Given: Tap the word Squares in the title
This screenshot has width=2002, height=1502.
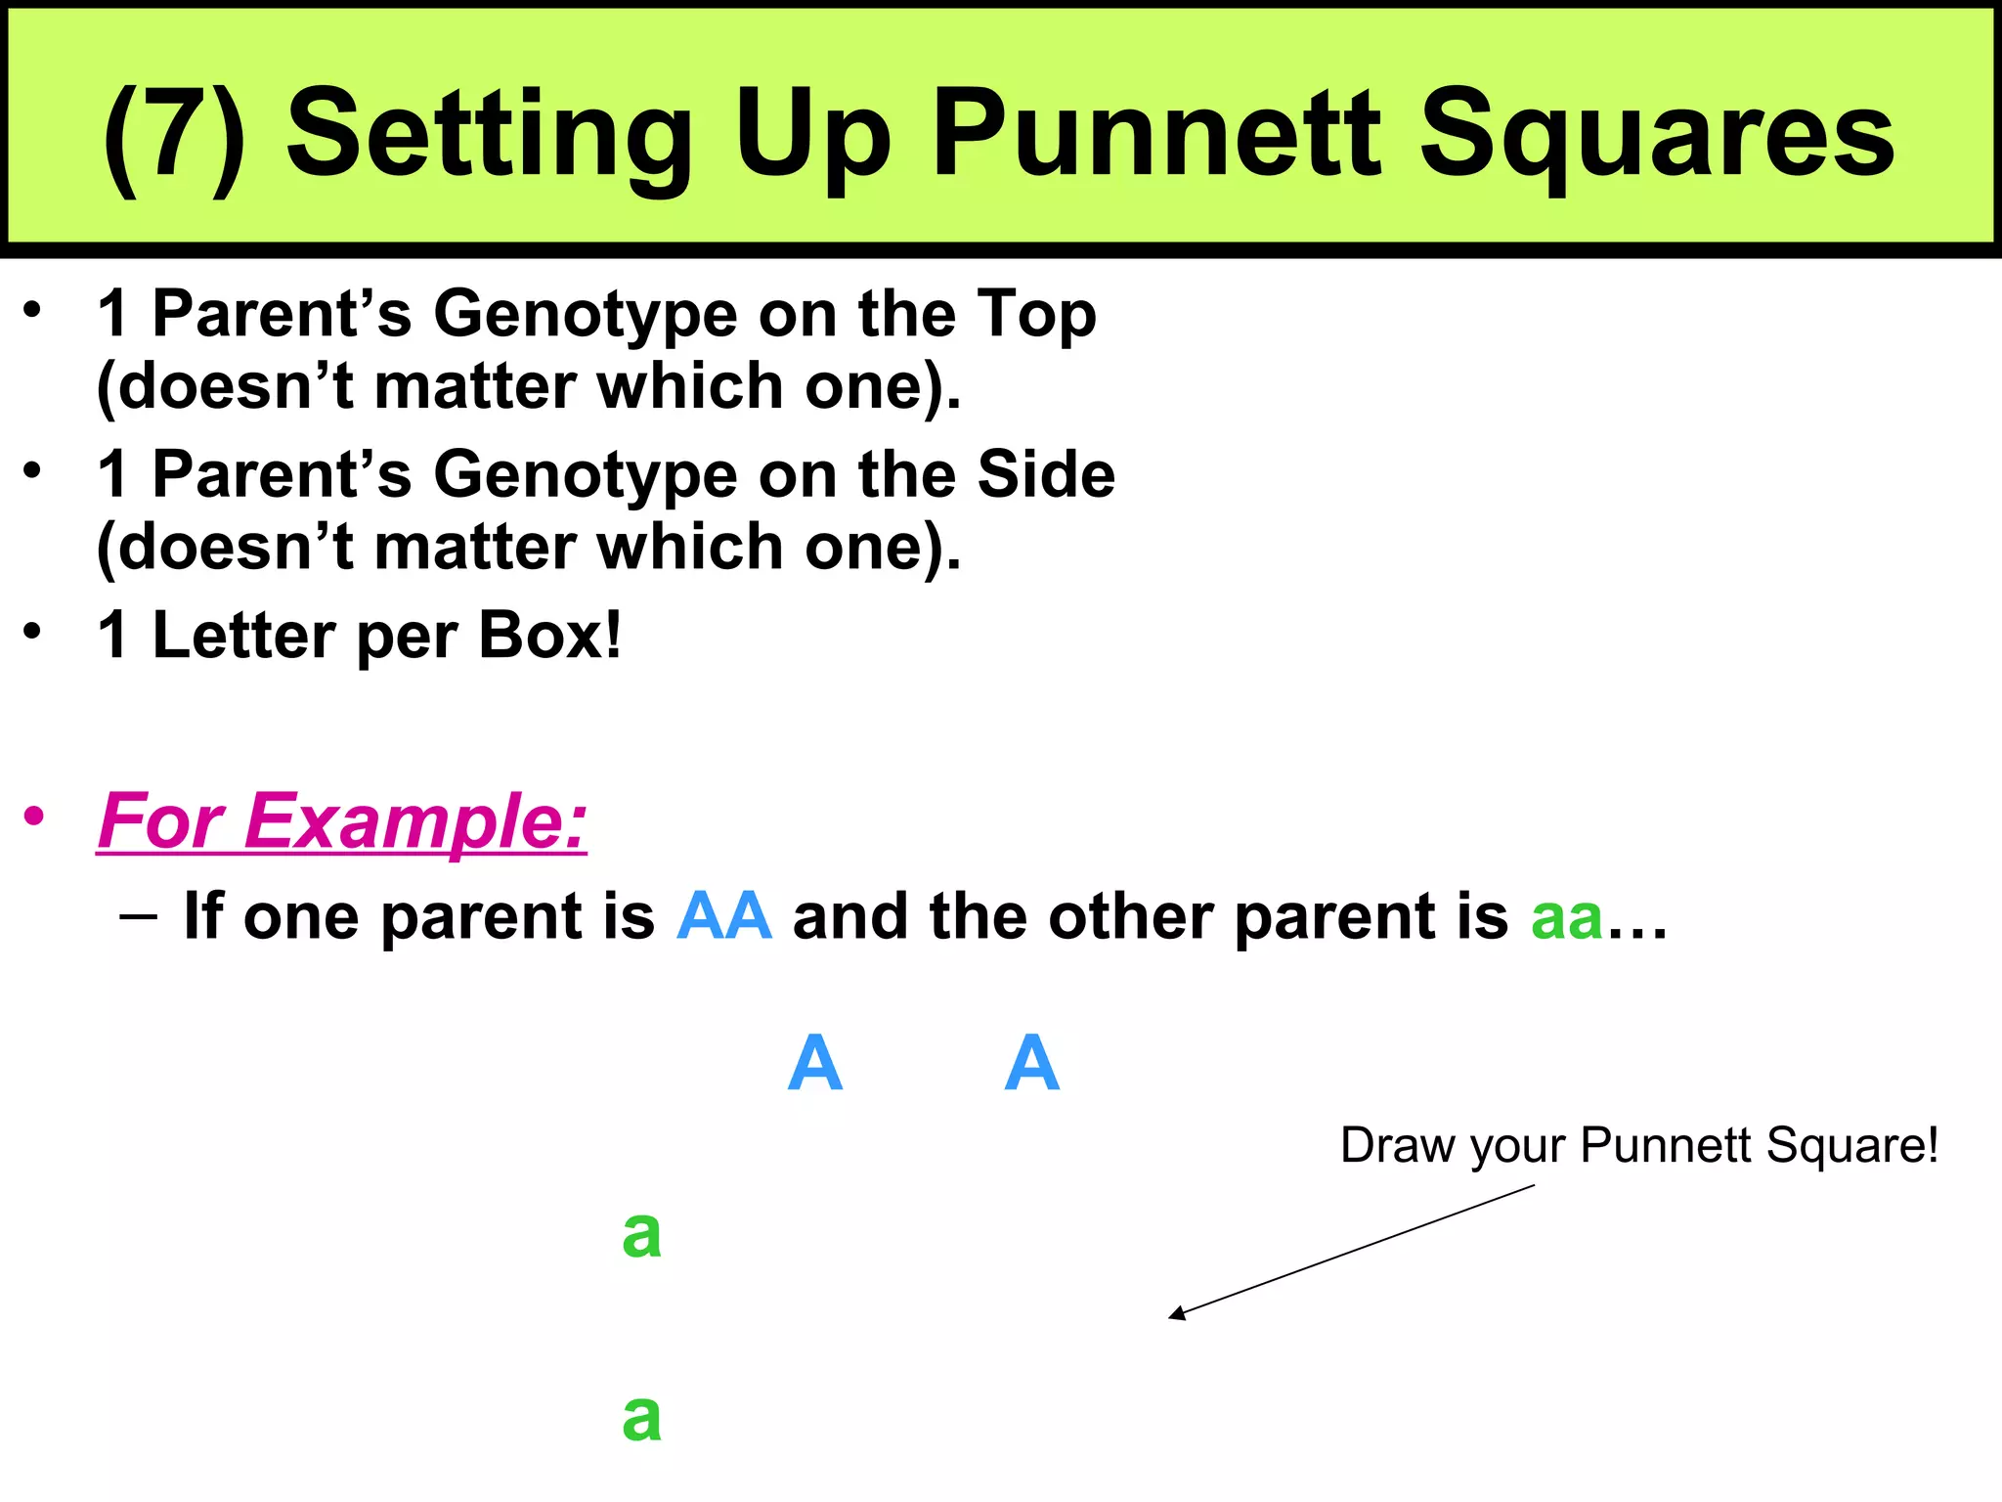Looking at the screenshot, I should coord(1656,137).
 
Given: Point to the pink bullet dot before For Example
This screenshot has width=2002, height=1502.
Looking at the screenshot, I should coord(35,816).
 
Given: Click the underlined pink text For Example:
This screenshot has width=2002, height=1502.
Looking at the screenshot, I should coord(342,821).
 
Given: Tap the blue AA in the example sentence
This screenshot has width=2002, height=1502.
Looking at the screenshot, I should coord(724,916).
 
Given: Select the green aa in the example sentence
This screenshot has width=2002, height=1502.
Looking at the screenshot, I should coord(1566,917).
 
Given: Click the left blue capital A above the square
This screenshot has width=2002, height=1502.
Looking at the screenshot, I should coord(814,1063).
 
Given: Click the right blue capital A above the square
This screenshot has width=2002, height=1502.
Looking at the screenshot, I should coord(1031,1063).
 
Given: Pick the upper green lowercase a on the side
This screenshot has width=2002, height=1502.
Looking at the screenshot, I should coord(642,1234).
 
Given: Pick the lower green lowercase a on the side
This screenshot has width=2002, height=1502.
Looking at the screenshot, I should coord(642,1417).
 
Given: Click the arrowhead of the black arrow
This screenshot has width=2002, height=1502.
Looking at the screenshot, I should coord(1176,1315).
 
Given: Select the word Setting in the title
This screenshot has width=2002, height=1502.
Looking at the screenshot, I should coord(489,137).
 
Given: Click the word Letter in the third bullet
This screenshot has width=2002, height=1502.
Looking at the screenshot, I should coord(244,636).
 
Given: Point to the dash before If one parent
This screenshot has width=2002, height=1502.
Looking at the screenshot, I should coord(138,916).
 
